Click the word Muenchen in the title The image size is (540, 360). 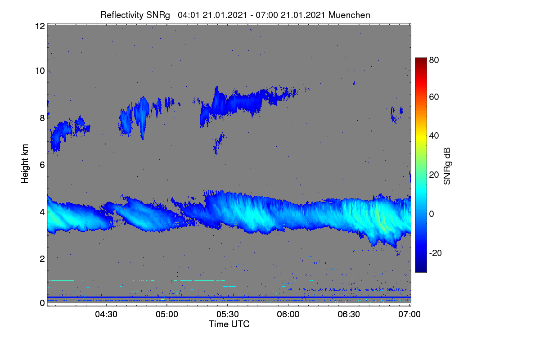349,15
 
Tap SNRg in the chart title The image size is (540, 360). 158,15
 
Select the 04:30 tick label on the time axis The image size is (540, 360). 106,314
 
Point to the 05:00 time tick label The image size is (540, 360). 167,314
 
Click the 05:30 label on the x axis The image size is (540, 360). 228,314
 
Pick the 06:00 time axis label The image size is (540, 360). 288,314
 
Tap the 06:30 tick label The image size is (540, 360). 349,314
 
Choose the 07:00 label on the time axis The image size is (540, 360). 409,314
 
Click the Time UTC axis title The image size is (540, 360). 229,324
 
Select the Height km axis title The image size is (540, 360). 25,164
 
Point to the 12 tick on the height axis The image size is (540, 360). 40,26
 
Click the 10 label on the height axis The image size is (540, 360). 40,71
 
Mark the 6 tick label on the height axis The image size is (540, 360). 42,165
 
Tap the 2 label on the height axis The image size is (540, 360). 42,259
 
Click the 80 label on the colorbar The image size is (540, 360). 434,60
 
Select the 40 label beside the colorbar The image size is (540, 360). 434,136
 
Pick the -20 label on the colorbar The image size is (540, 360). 436,253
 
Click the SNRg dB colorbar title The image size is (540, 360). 447,166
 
